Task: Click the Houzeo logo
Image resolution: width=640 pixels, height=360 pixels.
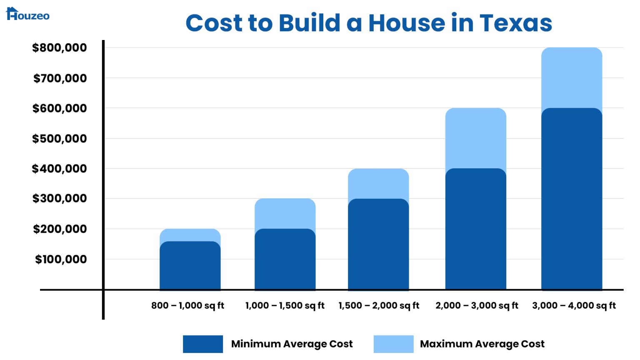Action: tap(27, 14)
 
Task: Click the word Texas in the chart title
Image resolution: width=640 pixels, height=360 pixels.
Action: tap(515, 23)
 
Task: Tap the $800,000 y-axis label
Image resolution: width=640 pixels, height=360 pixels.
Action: tap(60, 47)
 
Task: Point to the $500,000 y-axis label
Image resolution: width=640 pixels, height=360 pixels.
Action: tap(60, 138)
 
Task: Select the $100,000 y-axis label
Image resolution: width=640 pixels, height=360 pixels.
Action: tap(61, 259)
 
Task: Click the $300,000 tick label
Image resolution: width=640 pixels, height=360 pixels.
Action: tap(60, 198)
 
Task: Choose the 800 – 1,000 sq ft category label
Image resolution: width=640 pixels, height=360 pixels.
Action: tap(187, 305)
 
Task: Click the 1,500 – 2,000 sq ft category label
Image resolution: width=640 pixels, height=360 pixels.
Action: tap(379, 305)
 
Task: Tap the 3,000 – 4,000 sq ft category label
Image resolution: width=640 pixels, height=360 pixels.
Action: tap(574, 305)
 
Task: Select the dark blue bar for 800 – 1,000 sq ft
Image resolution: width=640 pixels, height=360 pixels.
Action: tap(190, 267)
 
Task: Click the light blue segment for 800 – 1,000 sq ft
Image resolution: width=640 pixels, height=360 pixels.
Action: tap(190, 234)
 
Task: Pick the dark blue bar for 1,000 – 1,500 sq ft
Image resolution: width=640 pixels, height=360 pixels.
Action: tap(285, 260)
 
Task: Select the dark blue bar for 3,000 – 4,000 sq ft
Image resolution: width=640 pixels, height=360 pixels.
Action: tap(572, 200)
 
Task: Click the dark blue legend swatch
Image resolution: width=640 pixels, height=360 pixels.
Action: tap(203, 344)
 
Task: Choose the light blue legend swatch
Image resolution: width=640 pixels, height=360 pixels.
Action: tap(393, 344)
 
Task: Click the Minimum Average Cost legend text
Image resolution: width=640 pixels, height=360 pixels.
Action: tap(292, 344)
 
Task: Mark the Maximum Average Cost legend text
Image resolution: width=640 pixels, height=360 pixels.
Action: tap(482, 344)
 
